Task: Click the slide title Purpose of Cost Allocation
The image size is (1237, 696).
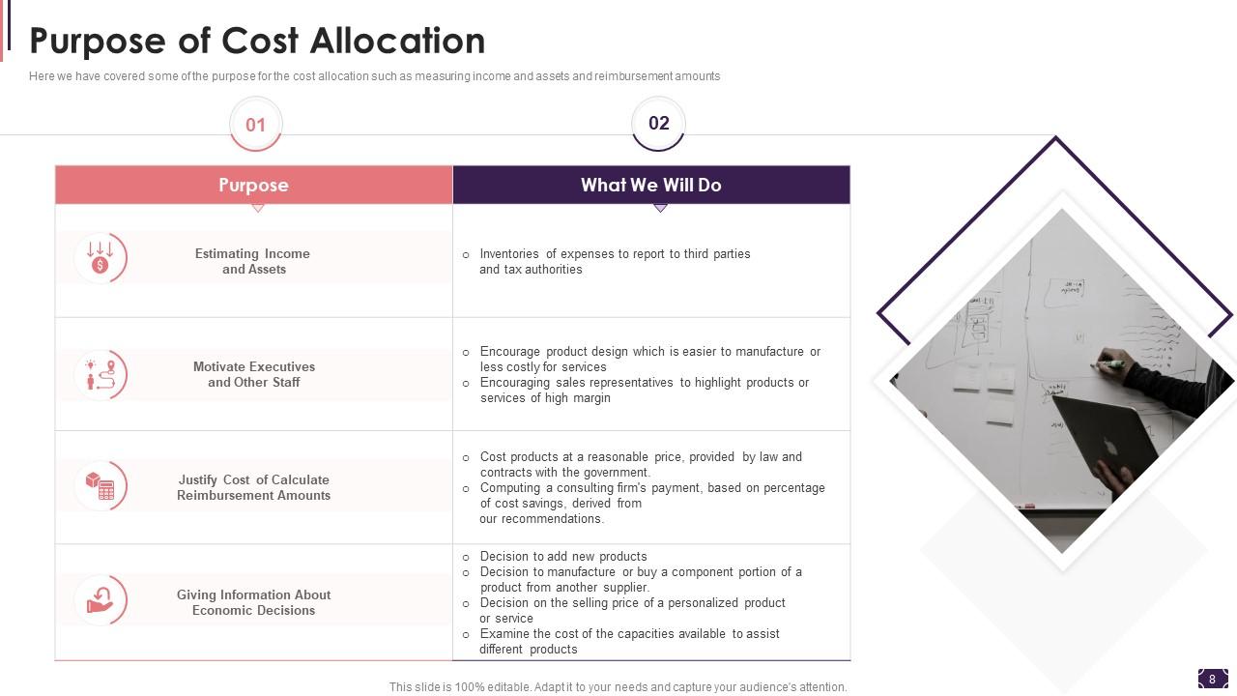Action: click(x=257, y=42)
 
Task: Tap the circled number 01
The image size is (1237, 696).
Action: click(x=255, y=125)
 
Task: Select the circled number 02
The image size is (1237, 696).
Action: click(x=658, y=123)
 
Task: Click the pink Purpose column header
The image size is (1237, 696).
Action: click(x=253, y=185)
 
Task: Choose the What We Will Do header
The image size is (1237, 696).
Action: click(x=650, y=185)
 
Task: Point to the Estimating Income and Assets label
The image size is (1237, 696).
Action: click(x=253, y=261)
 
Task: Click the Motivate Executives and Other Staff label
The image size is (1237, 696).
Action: click(x=253, y=374)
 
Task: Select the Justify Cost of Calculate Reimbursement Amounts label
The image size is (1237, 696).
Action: click(x=253, y=487)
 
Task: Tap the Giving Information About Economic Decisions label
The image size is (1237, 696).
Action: click(x=253, y=602)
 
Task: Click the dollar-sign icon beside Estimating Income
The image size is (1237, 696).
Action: click(x=100, y=258)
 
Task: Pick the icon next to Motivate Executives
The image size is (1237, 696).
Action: click(x=101, y=374)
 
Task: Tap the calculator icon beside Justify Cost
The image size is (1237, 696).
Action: click(x=101, y=486)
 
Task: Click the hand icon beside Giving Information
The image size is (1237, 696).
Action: click(x=101, y=600)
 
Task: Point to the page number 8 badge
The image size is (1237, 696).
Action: click(x=1212, y=679)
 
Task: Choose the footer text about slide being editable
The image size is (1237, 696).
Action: click(x=618, y=687)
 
